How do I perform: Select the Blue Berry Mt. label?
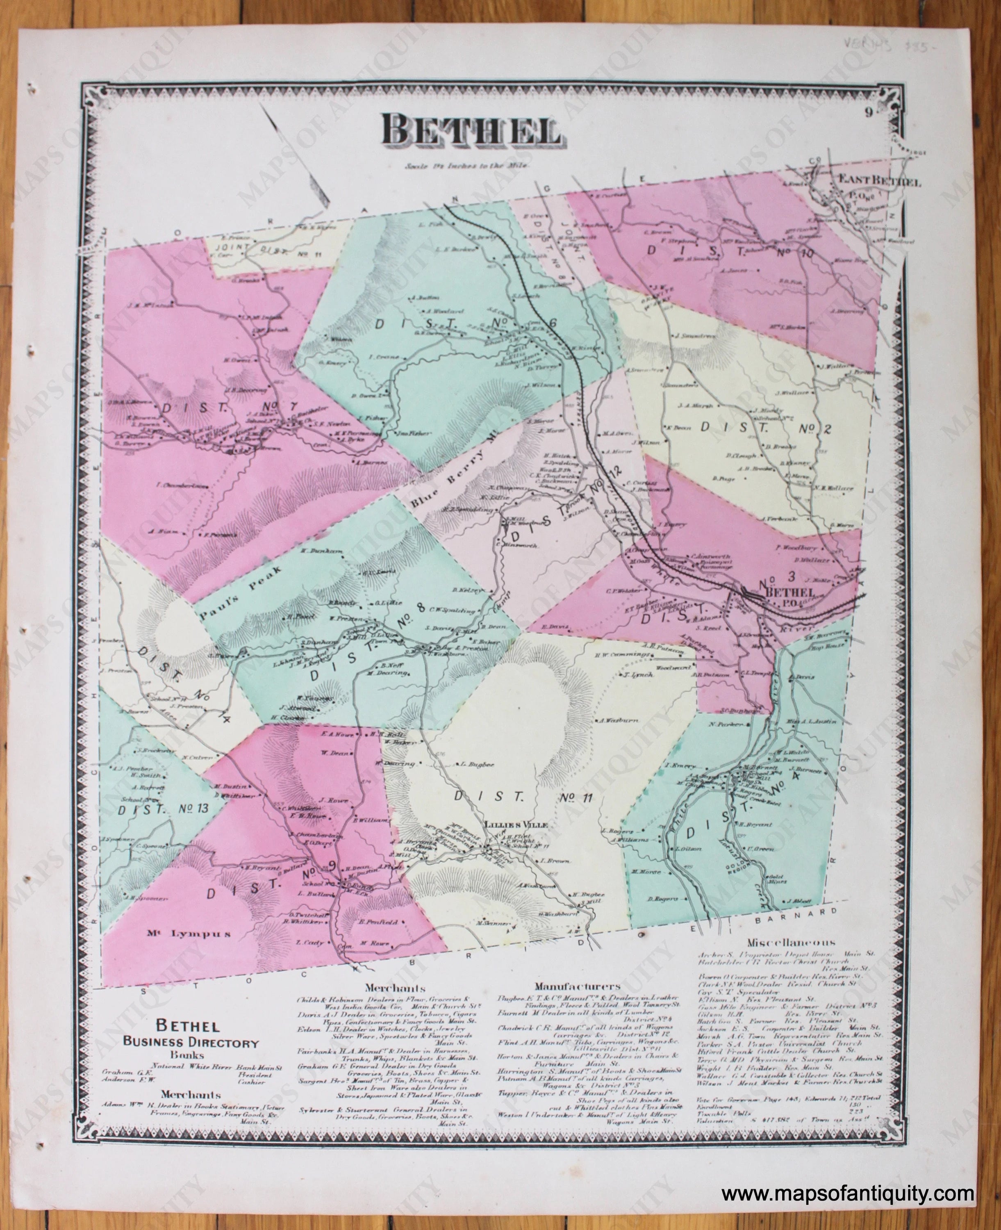point(453,471)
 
